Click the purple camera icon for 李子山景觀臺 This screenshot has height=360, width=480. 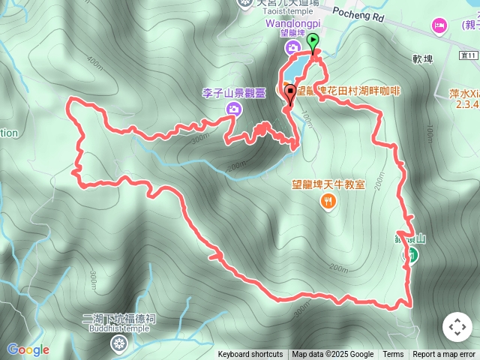tap(234, 109)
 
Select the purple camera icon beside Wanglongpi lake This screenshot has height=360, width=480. tap(291, 48)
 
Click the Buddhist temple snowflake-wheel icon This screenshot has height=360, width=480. tap(118, 344)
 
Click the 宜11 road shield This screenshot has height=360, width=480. tap(468, 55)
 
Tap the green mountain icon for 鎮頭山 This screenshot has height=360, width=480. tap(411, 255)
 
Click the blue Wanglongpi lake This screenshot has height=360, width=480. tap(293, 71)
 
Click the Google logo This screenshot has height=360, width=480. tap(28, 349)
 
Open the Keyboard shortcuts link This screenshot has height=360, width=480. tap(250, 355)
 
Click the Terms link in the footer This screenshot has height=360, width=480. tap(393, 355)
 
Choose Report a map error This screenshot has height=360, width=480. tap(444, 355)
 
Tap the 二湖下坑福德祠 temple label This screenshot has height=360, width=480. tap(118, 319)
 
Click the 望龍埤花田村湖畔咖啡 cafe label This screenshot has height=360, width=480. tap(349, 91)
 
